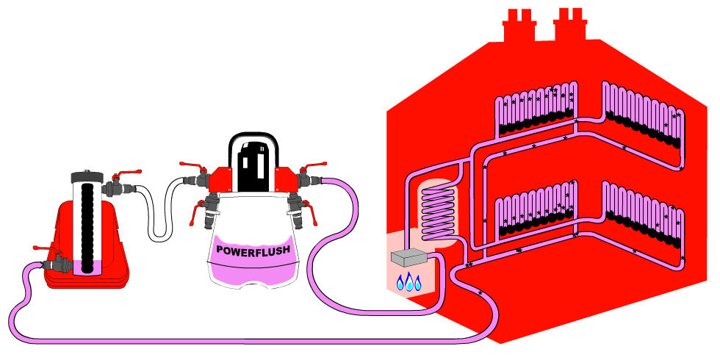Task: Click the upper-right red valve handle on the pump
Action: point(314,165)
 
